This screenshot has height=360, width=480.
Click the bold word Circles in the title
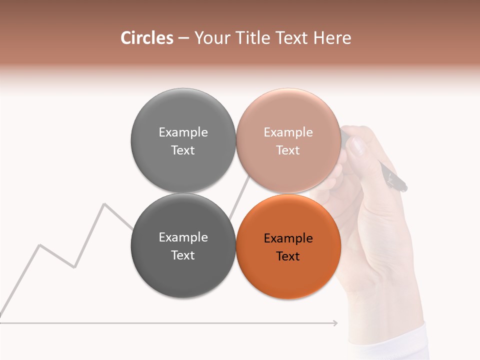pyautogui.click(x=146, y=38)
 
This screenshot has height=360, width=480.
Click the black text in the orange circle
pyautogui.click(x=288, y=247)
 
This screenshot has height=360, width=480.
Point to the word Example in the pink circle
pyautogui.click(x=288, y=132)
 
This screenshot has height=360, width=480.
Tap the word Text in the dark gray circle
pyautogui.click(x=183, y=255)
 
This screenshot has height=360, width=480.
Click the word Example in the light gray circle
pyautogui.click(x=183, y=132)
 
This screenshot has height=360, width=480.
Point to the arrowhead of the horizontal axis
pyautogui.click(x=335, y=323)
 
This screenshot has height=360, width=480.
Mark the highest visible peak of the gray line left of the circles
pyautogui.click(x=104, y=204)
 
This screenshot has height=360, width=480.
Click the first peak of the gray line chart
pyautogui.click(x=39, y=245)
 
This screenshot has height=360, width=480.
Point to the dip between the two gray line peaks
pyautogui.click(x=74, y=267)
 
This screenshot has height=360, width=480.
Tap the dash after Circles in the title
pyautogui.click(x=183, y=38)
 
